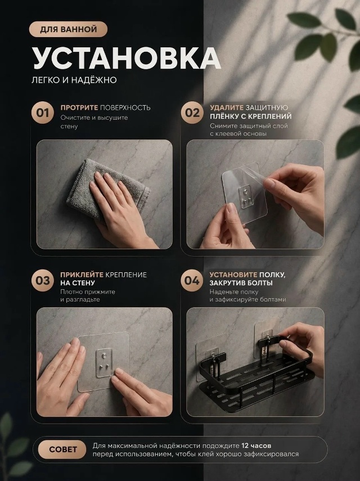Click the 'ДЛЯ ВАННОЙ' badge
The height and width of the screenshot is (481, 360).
(x=68, y=29)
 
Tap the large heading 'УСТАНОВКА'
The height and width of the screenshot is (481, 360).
(x=127, y=59)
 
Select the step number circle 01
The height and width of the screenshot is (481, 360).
(x=42, y=113)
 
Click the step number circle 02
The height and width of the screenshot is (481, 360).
(x=192, y=113)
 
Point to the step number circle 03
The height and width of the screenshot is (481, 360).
(x=42, y=280)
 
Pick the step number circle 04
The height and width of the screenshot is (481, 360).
(x=192, y=280)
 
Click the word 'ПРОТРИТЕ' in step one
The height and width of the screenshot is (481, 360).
(x=79, y=107)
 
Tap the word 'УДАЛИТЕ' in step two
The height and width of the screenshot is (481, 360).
(x=227, y=107)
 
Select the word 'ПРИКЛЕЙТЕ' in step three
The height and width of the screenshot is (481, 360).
(x=82, y=275)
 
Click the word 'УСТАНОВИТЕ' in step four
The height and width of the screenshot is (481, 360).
(x=233, y=275)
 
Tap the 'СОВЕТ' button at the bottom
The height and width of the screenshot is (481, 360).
(x=62, y=449)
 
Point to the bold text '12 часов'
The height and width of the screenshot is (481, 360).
(x=256, y=446)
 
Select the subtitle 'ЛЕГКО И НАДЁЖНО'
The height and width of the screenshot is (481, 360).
(x=74, y=80)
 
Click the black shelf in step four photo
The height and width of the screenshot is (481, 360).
(x=256, y=374)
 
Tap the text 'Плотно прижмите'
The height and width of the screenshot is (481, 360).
(x=88, y=292)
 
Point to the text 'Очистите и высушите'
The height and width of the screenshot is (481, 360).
(x=94, y=118)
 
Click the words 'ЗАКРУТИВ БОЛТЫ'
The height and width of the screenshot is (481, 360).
(x=241, y=283)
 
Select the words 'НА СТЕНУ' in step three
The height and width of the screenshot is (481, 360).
(x=78, y=283)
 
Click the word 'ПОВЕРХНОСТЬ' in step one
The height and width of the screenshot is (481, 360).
(x=125, y=107)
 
